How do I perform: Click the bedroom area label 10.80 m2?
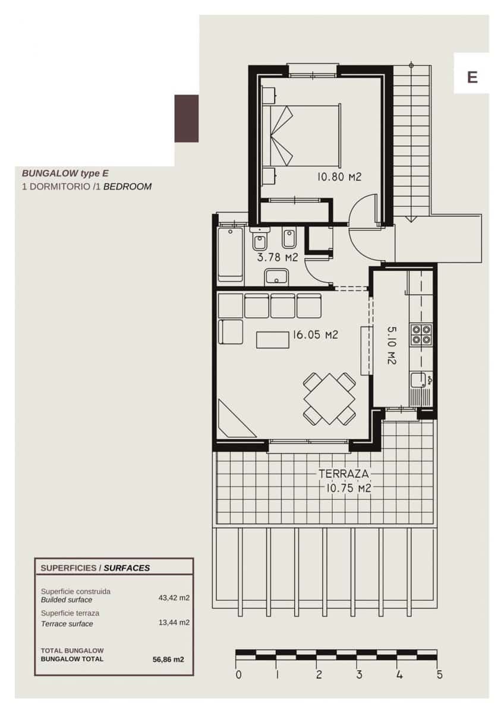[339, 176]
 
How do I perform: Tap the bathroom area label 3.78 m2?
[277, 257]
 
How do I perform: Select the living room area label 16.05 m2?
[314, 335]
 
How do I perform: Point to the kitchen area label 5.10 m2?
[392, 345]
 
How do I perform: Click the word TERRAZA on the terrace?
[344, 474]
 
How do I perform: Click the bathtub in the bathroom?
[230, 252]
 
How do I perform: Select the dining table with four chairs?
[329, 398]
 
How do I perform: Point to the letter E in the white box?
[472, 77]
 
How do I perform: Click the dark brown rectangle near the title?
[186, 118]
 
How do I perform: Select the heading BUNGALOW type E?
[65, 173]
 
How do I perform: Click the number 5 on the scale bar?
[439, 675]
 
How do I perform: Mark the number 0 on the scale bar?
[238, 675]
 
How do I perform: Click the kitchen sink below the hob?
[420, 380]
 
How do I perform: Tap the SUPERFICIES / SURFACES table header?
[95, 567]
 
